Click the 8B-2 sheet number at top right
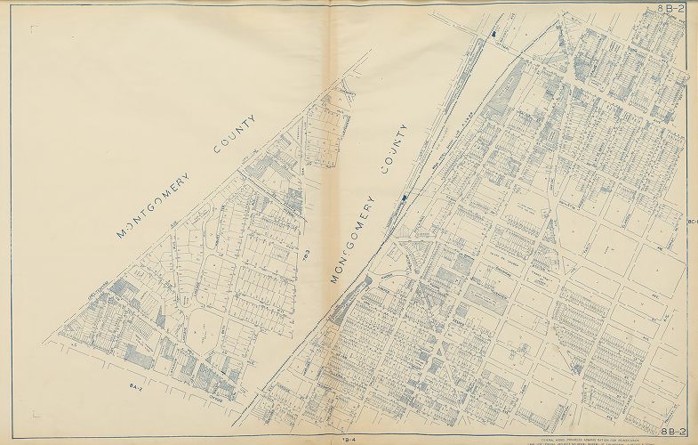pos(671,8)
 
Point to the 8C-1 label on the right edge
pos(692,222)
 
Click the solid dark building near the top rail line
pos(492,33)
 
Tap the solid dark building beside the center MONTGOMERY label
pos(405,196)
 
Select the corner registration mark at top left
pos(34,28)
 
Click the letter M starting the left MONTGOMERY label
pos(122,237)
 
